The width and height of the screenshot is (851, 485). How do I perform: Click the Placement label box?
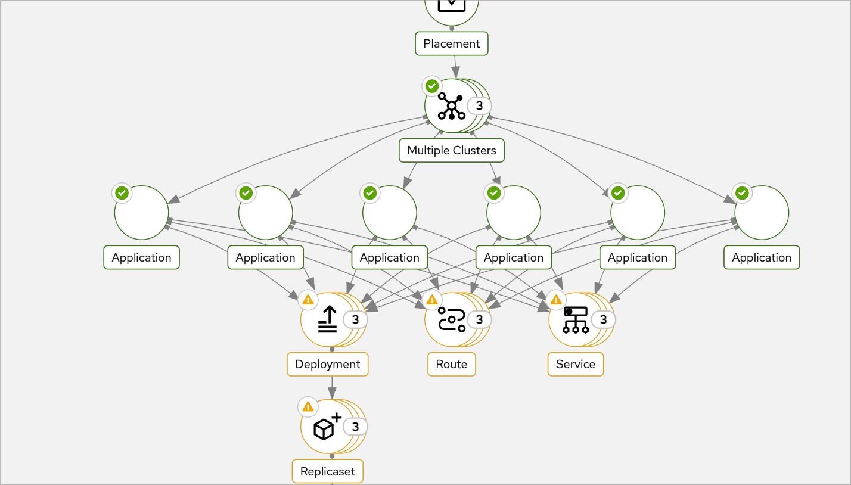(x=451, y=43)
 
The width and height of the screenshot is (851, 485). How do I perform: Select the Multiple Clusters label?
(x=451, y=150)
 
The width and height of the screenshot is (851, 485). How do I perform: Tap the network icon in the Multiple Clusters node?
(x=451, y=106)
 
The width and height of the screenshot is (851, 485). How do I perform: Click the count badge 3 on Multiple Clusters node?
(x=479, y=106)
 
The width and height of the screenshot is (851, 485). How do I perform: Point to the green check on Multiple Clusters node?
(x=432, y=86)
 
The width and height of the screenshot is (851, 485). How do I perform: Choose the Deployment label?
(x=327, y=364)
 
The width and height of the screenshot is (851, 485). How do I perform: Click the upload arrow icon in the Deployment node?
(x=327, y=320)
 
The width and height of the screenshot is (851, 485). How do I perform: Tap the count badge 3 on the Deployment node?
(x=355, y=320)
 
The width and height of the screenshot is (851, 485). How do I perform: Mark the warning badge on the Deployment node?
(x=308, y=300)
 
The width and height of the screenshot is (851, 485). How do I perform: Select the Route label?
(x=451, y=364)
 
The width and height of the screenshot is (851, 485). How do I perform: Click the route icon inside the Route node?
(x=451, y=320)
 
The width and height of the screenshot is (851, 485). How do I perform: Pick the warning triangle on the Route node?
(x=432, y=300)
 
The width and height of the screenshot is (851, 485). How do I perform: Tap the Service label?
(x=575, y=364)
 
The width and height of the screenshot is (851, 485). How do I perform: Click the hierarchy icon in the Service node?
(x=575, y=320)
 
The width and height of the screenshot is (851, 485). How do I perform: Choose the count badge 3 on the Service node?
(x=603, y=320)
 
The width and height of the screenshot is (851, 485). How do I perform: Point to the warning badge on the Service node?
(x=556, y=300)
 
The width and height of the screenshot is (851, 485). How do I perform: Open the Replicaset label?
(x=327, y=471)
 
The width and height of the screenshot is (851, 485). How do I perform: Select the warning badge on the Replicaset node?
(x=308, y=407)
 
